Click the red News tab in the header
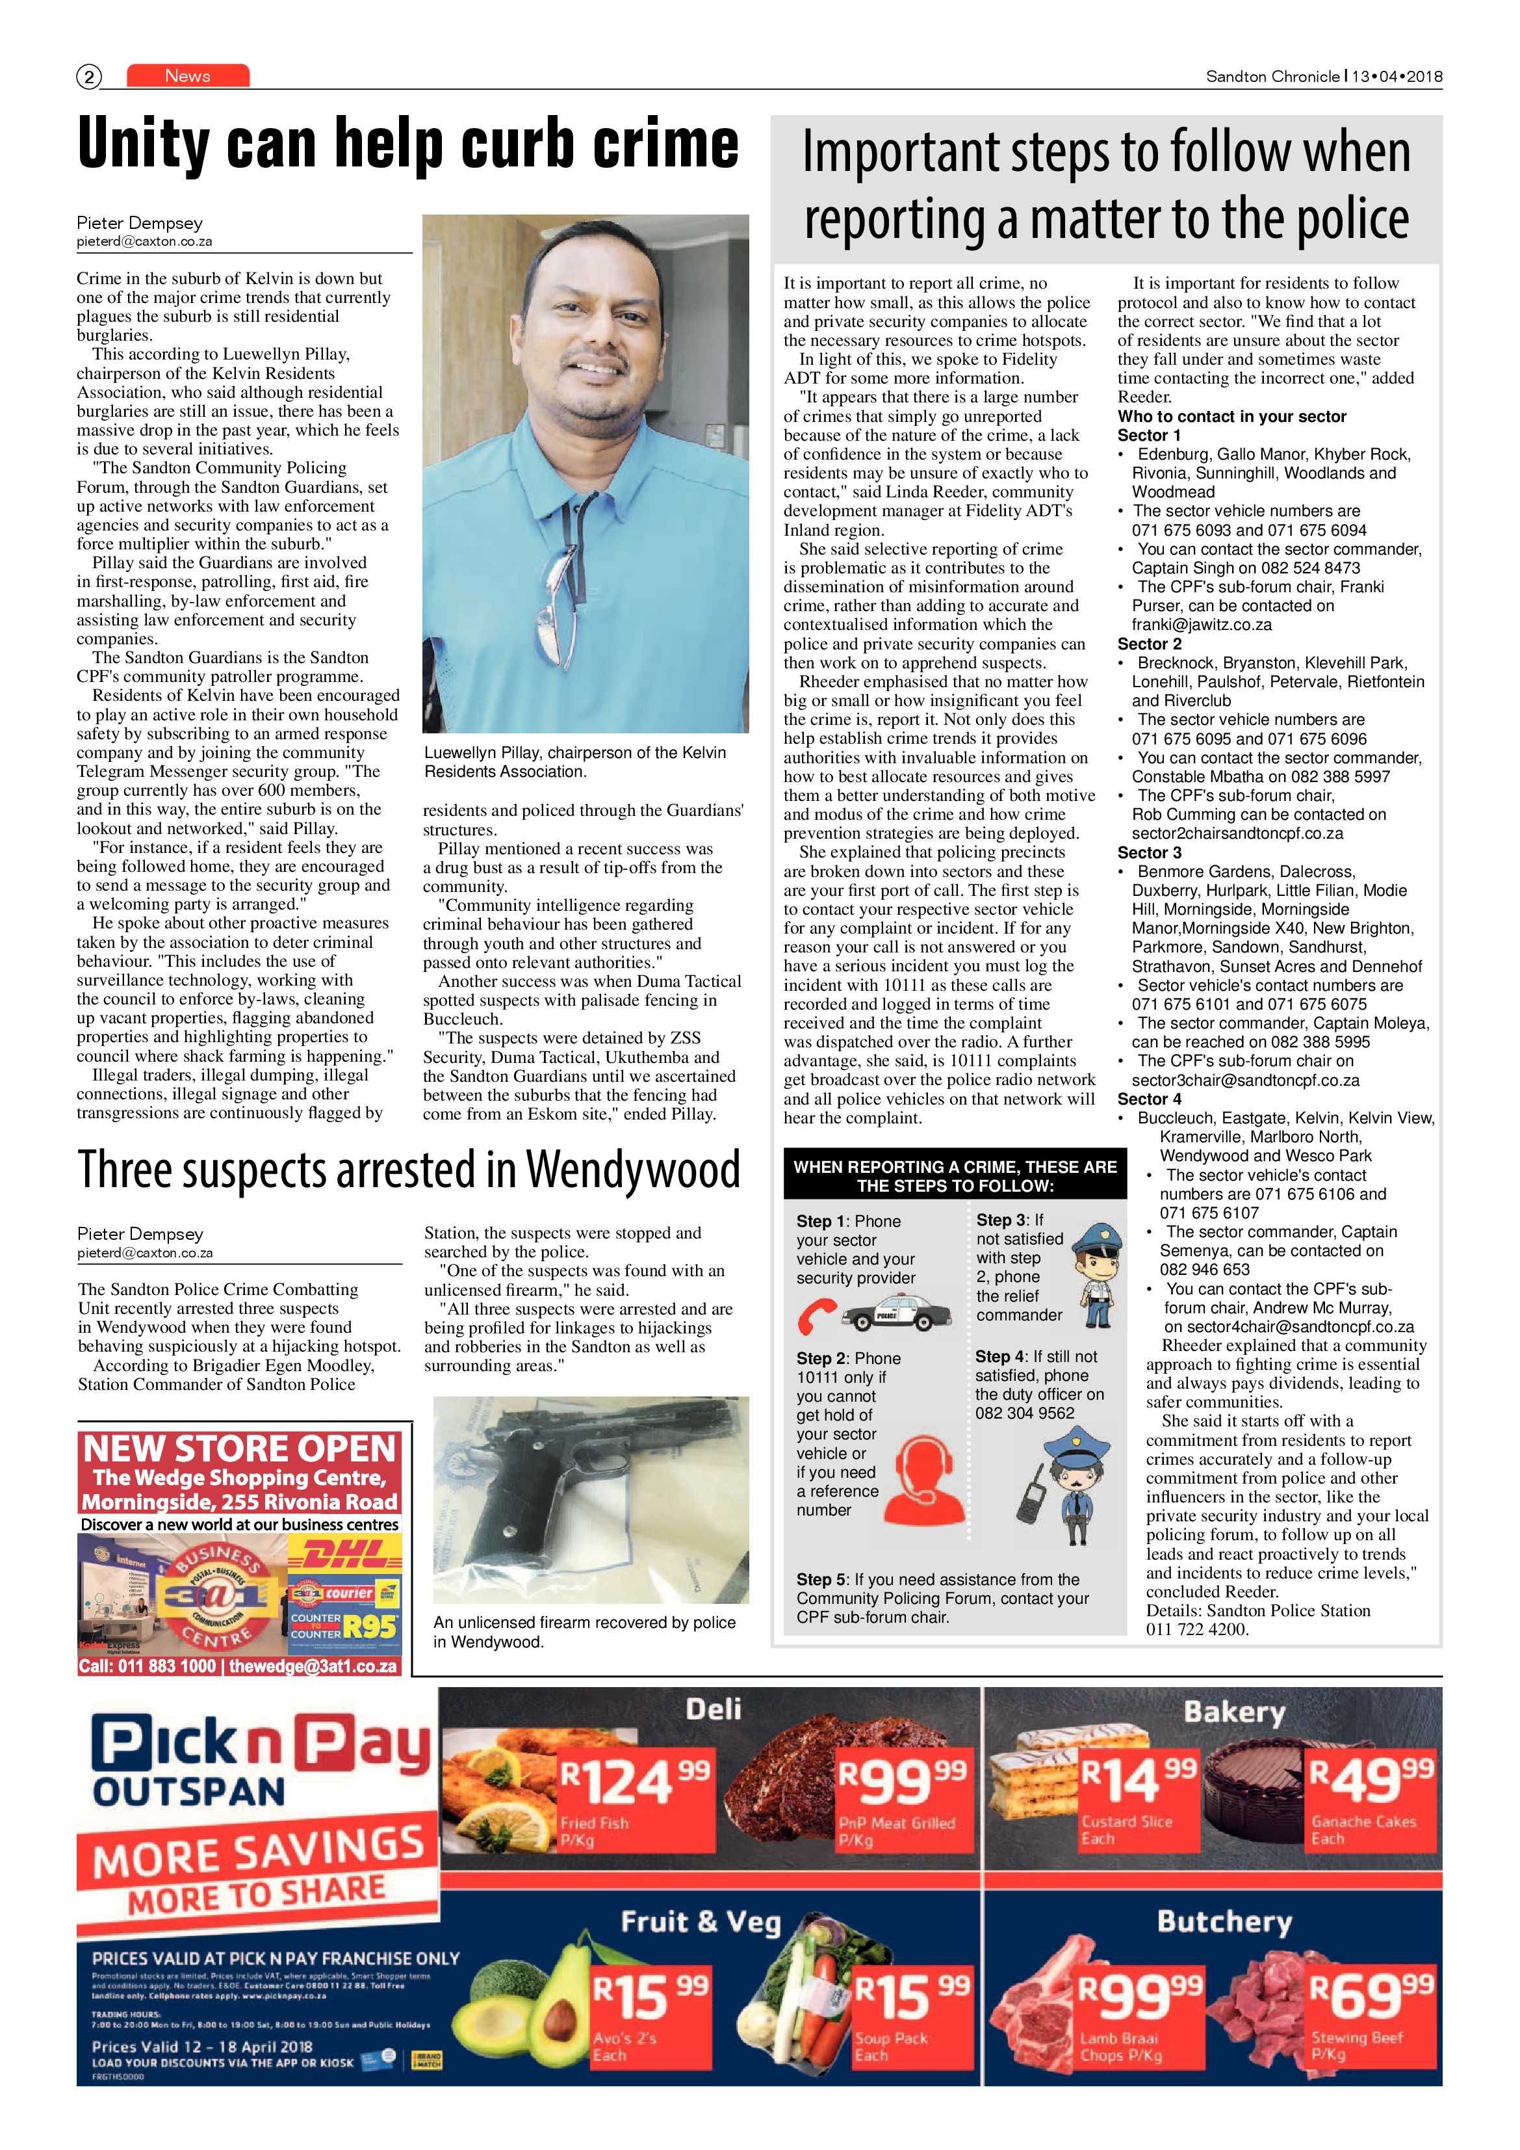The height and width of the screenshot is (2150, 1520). coord(187,76)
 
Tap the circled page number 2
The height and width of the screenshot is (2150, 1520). coord(88,77)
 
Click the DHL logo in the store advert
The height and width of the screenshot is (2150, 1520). coord(344,1557)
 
